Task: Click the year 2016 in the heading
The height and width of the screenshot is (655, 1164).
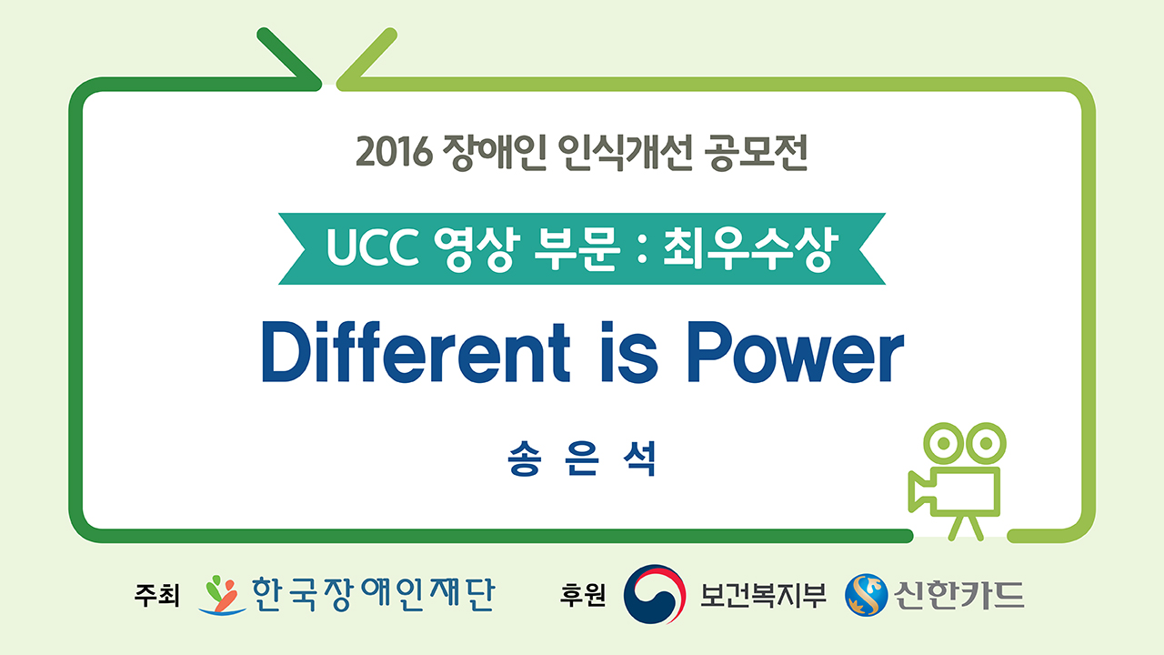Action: [x=394, y=151]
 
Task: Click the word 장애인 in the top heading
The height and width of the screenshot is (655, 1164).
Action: [x=494, y=151]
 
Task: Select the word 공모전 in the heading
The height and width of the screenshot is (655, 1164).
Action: [x=756, y=151]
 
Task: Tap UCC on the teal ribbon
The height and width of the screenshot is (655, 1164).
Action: [x=373, y=247]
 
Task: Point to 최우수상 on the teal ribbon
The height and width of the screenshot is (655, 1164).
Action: [x=750, y=248]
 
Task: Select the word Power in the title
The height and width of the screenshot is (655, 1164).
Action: [x=796, y=351]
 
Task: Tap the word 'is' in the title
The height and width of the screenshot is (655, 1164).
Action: [x=629, y=351]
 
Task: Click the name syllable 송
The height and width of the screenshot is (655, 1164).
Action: [x=525, y=458]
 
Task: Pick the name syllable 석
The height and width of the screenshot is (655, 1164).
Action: [x=639, y=458]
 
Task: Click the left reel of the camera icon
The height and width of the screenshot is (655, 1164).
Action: [x=943, y=443]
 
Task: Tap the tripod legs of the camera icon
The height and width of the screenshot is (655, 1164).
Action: [x=966, y=529]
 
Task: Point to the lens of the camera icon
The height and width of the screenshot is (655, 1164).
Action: [x=921, y=490]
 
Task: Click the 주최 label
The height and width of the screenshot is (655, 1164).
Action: [x=157, y=596]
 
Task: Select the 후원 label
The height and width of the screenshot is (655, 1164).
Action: [x=583, y=596]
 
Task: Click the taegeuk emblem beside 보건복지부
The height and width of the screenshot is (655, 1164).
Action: [x=655, y=594]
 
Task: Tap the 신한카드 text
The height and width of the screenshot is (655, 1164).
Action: [x=959, y=595]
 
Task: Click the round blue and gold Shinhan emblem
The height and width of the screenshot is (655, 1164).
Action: [x=867, y=595]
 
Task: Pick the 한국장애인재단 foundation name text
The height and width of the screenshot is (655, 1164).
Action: [x=373, y=594]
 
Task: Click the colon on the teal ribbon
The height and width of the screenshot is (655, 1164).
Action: [x=642, y=248]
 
